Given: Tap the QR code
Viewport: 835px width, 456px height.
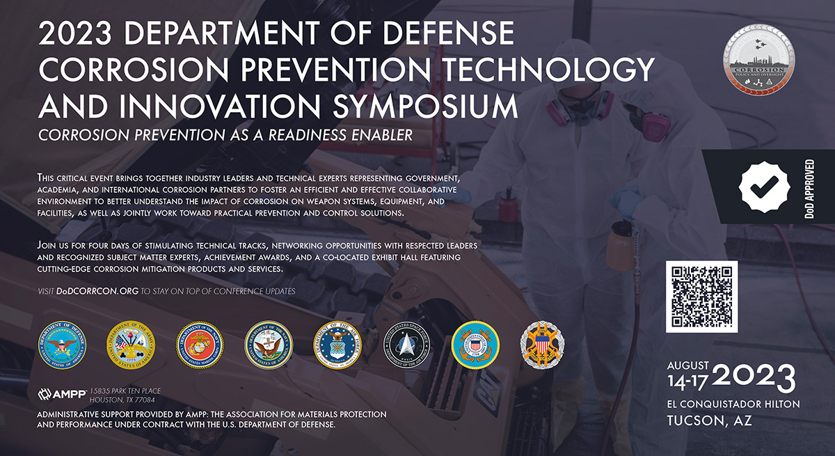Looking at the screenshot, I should (701, 297).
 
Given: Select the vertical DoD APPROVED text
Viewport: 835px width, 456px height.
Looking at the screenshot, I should (810, 187).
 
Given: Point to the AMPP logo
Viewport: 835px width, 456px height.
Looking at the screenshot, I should (61, 395).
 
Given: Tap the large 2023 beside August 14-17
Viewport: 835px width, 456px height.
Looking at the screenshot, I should (754, 378).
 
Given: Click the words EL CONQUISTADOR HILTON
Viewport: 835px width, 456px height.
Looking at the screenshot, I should (733, 404).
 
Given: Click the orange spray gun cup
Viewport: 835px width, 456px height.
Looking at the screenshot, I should (619, 249).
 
